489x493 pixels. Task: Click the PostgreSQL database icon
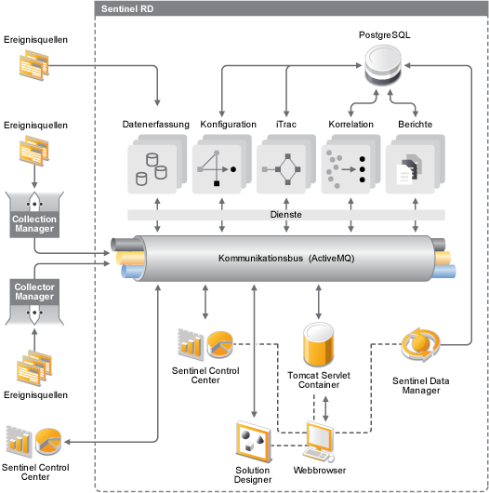pos(383,64)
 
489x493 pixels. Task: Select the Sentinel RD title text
pos(127,8)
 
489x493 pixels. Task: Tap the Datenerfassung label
pos(156,125)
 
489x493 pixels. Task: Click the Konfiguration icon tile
pos(221,164)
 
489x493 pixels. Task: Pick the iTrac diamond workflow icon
pos(282,169)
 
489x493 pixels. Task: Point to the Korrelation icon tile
pos(350,164)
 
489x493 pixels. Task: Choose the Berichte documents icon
pos(409,169)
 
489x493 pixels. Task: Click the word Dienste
pos(286,215)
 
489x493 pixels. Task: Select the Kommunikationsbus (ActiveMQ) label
pos(286,259)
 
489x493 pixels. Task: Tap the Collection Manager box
pos(34,215)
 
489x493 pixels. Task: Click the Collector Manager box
pos(34,301)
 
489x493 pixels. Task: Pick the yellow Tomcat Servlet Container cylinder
pos(318,344)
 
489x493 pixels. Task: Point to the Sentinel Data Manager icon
pos(421,344)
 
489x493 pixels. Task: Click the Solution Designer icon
pos(254,442)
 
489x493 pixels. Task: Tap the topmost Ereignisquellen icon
pos(34,65)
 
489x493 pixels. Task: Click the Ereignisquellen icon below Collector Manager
pos(34,367)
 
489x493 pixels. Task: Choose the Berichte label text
pos(416,125)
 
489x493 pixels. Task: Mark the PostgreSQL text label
pos(384,35)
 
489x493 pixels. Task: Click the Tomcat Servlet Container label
pos(319,380)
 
